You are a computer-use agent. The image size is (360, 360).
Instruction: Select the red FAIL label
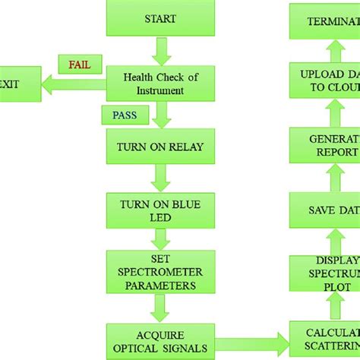(x=79, y=65)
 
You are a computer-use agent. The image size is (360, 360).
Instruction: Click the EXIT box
(x=11, y=85)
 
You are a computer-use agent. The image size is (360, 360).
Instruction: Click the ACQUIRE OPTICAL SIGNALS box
(x=159, y=339)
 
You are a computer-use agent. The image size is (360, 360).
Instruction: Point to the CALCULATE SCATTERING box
(x=324, y=339)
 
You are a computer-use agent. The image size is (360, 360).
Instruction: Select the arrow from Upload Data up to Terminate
(x=334, y=51)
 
